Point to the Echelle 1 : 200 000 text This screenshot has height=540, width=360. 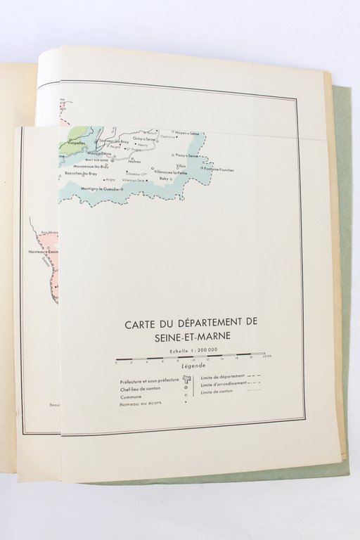(188, 349)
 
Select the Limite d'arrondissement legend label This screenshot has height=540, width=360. (224, 384)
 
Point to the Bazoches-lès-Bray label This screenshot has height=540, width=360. (78, 172)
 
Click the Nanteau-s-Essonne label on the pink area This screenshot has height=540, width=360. (44, 252)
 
